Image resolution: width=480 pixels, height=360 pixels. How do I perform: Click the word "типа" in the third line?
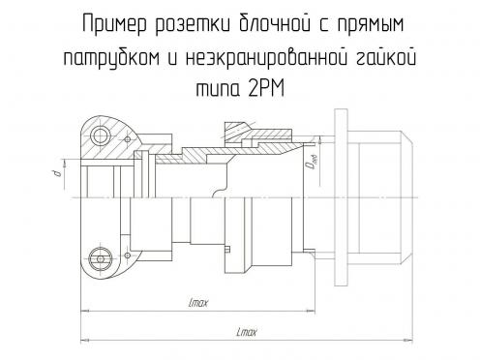(x=219, y=89)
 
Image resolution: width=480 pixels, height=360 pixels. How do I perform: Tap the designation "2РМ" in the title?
(x=266, y=88)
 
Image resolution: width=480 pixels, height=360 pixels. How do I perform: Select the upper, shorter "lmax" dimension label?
(x=198, y=303)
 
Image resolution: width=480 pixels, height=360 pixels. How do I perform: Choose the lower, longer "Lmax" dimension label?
(x=247, y=332)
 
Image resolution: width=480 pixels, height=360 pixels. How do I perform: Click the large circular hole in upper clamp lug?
(x=101, y=135)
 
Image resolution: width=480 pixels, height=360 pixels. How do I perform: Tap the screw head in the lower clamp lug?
(x=101, y=259)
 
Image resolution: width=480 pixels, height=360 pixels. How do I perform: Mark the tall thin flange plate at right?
(x=341, y=197)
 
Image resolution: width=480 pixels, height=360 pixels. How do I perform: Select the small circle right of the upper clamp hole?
(x=128, y=139)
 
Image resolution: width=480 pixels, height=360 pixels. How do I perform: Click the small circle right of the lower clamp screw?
(x=128, y=255)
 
